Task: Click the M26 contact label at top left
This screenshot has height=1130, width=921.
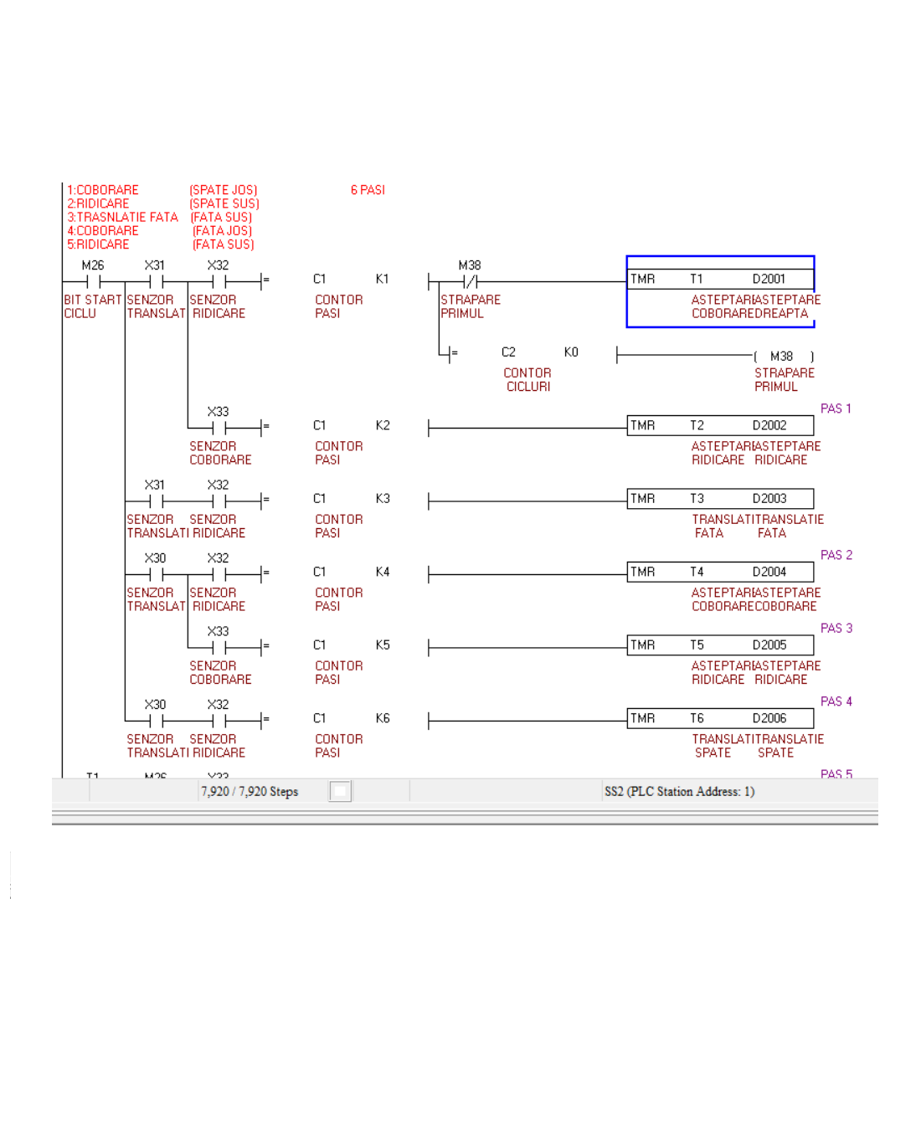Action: (93, 265)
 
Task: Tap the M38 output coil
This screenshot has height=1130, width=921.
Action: (782, 357)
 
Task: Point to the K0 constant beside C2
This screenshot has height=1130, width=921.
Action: (571, 352)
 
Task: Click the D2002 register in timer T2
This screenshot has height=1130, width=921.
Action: (769, 425)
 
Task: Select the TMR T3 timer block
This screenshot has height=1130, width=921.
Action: (720, 499)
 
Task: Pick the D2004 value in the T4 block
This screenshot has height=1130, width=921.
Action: (769, 572)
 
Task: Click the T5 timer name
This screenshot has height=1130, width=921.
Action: (697, 645)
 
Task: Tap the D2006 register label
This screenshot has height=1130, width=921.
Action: (769, 718)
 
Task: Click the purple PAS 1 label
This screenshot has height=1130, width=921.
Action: (836, 408)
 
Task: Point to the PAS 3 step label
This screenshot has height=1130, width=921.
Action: (836, 628)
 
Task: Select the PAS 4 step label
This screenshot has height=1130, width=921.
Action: (836, 701)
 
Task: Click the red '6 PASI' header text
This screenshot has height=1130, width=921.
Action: (368, 190)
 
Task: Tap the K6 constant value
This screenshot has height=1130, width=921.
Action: (383, 718)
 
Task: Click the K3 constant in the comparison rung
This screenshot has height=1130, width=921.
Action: (383, 499)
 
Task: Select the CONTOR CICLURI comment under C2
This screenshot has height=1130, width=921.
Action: (527, 380)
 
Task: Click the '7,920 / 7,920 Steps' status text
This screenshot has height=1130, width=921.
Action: (250, 792)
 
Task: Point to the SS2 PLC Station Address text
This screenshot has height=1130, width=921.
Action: (679, 792)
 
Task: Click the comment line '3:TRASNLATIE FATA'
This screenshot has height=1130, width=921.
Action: (123, 218)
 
